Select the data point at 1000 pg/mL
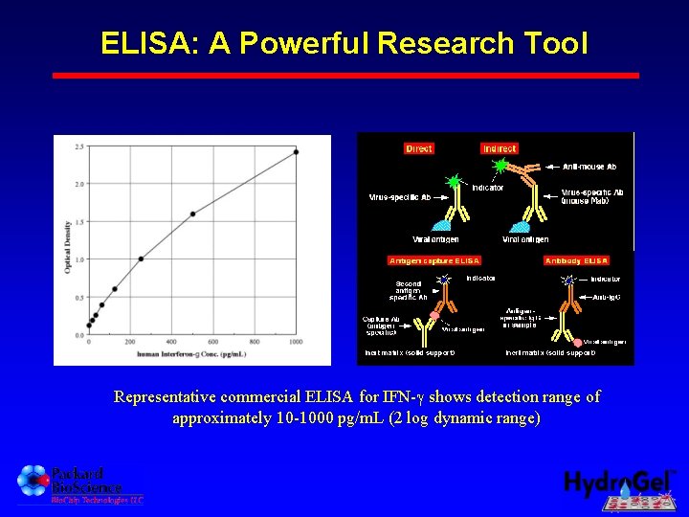(x=296, y=152)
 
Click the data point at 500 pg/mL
(x=192, y=214)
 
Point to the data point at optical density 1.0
(x=141, y=258)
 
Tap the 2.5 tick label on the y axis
(x=78, y=146)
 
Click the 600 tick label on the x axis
(x=212, y=342)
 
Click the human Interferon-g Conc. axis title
(x=191, y=354)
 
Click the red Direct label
(x=419, y=148)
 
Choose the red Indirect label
(x=499, y=148)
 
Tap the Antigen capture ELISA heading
(x=433, y=260)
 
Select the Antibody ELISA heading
(x=576, y=260)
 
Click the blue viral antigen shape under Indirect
(x=521, y=228)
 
